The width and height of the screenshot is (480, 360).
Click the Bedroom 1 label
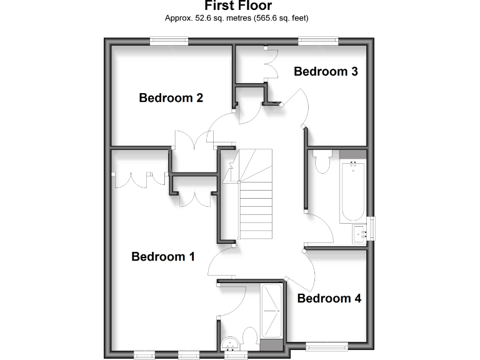[x=163, y=256]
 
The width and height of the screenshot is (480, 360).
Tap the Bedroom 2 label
[x=171, y=97]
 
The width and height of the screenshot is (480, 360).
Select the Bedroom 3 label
[x=326, y=71]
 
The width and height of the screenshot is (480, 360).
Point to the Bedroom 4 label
[x=329, y=298]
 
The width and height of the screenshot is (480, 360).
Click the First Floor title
[x=238, y=7]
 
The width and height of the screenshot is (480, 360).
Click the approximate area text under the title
[x=237, y=18]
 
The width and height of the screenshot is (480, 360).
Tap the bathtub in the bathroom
[x=353, y=190]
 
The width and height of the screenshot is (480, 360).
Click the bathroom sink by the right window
[x=361, y=232]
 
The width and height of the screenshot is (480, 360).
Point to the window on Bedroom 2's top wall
[x=169, y=41]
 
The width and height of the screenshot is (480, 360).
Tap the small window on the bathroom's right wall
[x=372, y=227]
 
